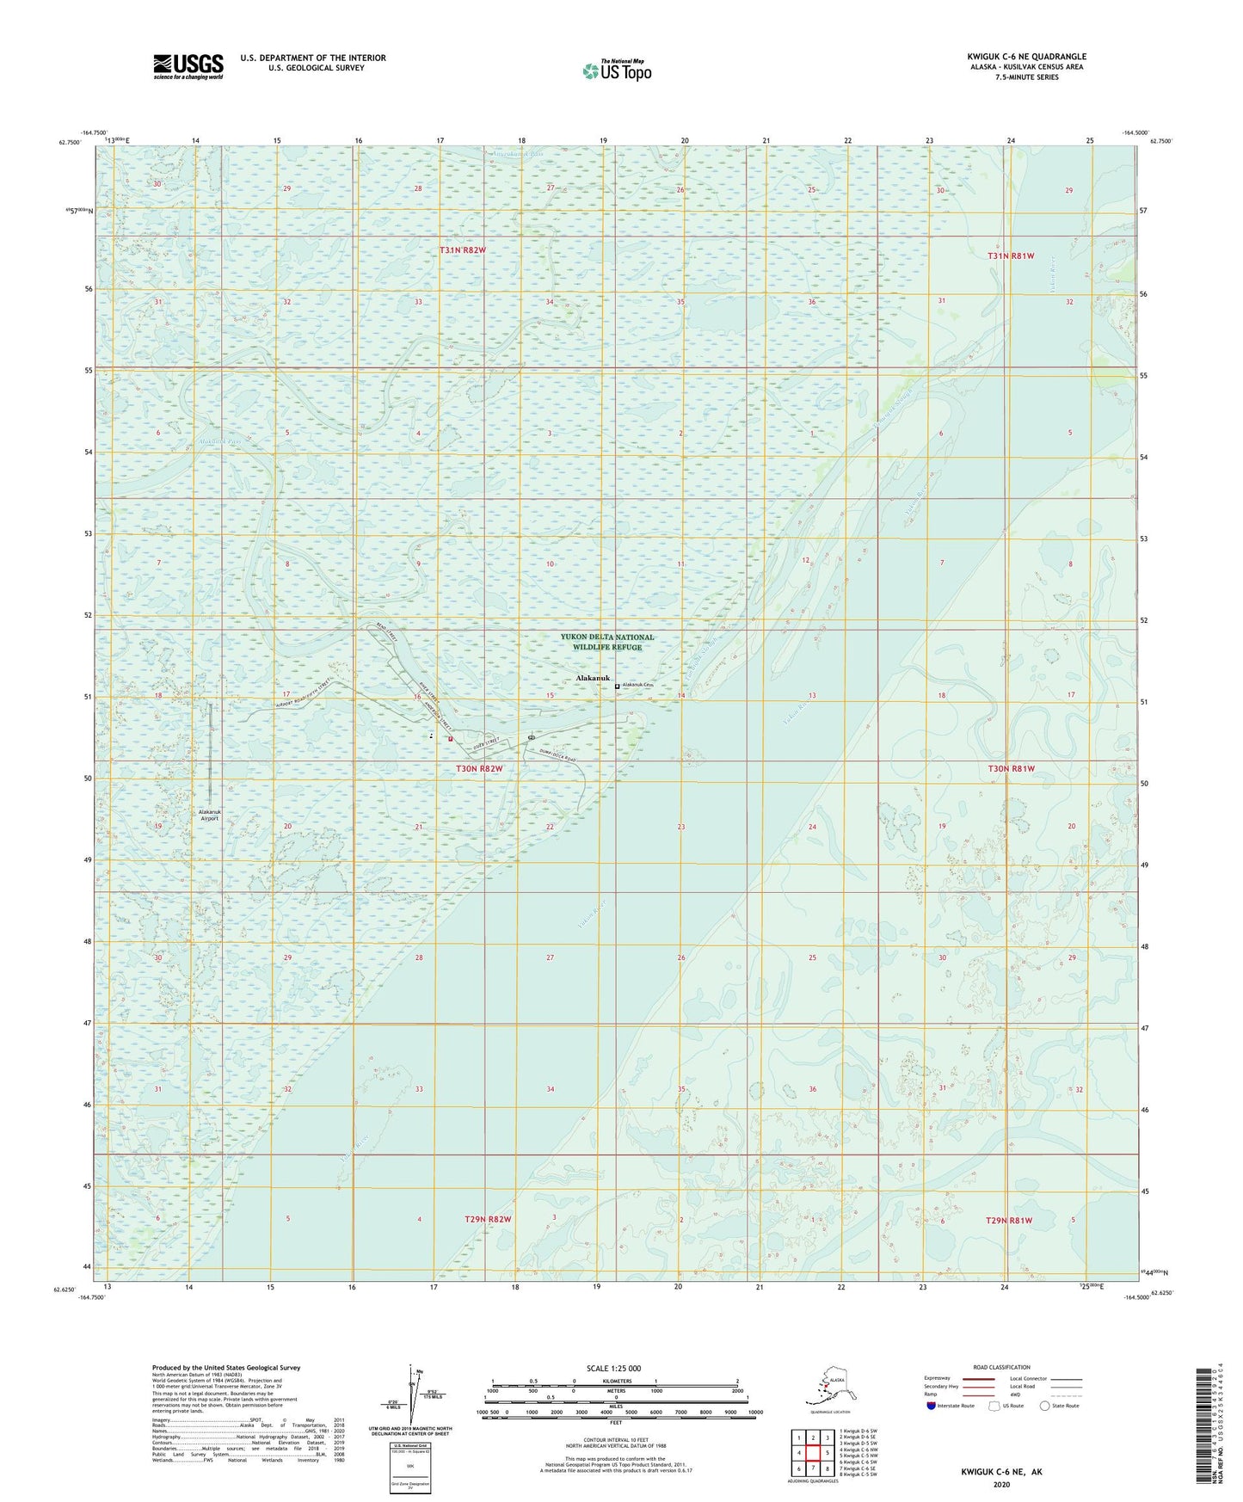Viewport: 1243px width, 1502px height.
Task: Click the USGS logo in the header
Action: [x=188, y=66]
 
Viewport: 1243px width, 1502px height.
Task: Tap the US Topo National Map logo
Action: [x=616, y=70]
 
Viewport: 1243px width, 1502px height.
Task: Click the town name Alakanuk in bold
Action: [x=592, y=679]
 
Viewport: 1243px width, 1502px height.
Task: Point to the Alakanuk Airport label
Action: [x=210, y=815]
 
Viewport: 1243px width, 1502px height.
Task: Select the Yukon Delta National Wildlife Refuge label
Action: [x=607, y=642]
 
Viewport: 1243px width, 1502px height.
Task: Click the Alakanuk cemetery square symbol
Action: [x=617, y=686]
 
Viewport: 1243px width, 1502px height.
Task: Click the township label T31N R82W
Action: [x=463, y=250]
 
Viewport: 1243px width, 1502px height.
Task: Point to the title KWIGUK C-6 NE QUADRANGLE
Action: [x=1026, y=57]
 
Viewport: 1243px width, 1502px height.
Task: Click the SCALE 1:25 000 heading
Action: [x=614, y=1369]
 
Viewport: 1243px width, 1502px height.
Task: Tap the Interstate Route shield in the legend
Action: [x=932, y=1406]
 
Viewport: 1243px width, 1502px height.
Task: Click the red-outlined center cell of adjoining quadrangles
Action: [x=813, y=1453]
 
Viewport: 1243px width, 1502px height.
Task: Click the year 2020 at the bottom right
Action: [x=1001, y=1484]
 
